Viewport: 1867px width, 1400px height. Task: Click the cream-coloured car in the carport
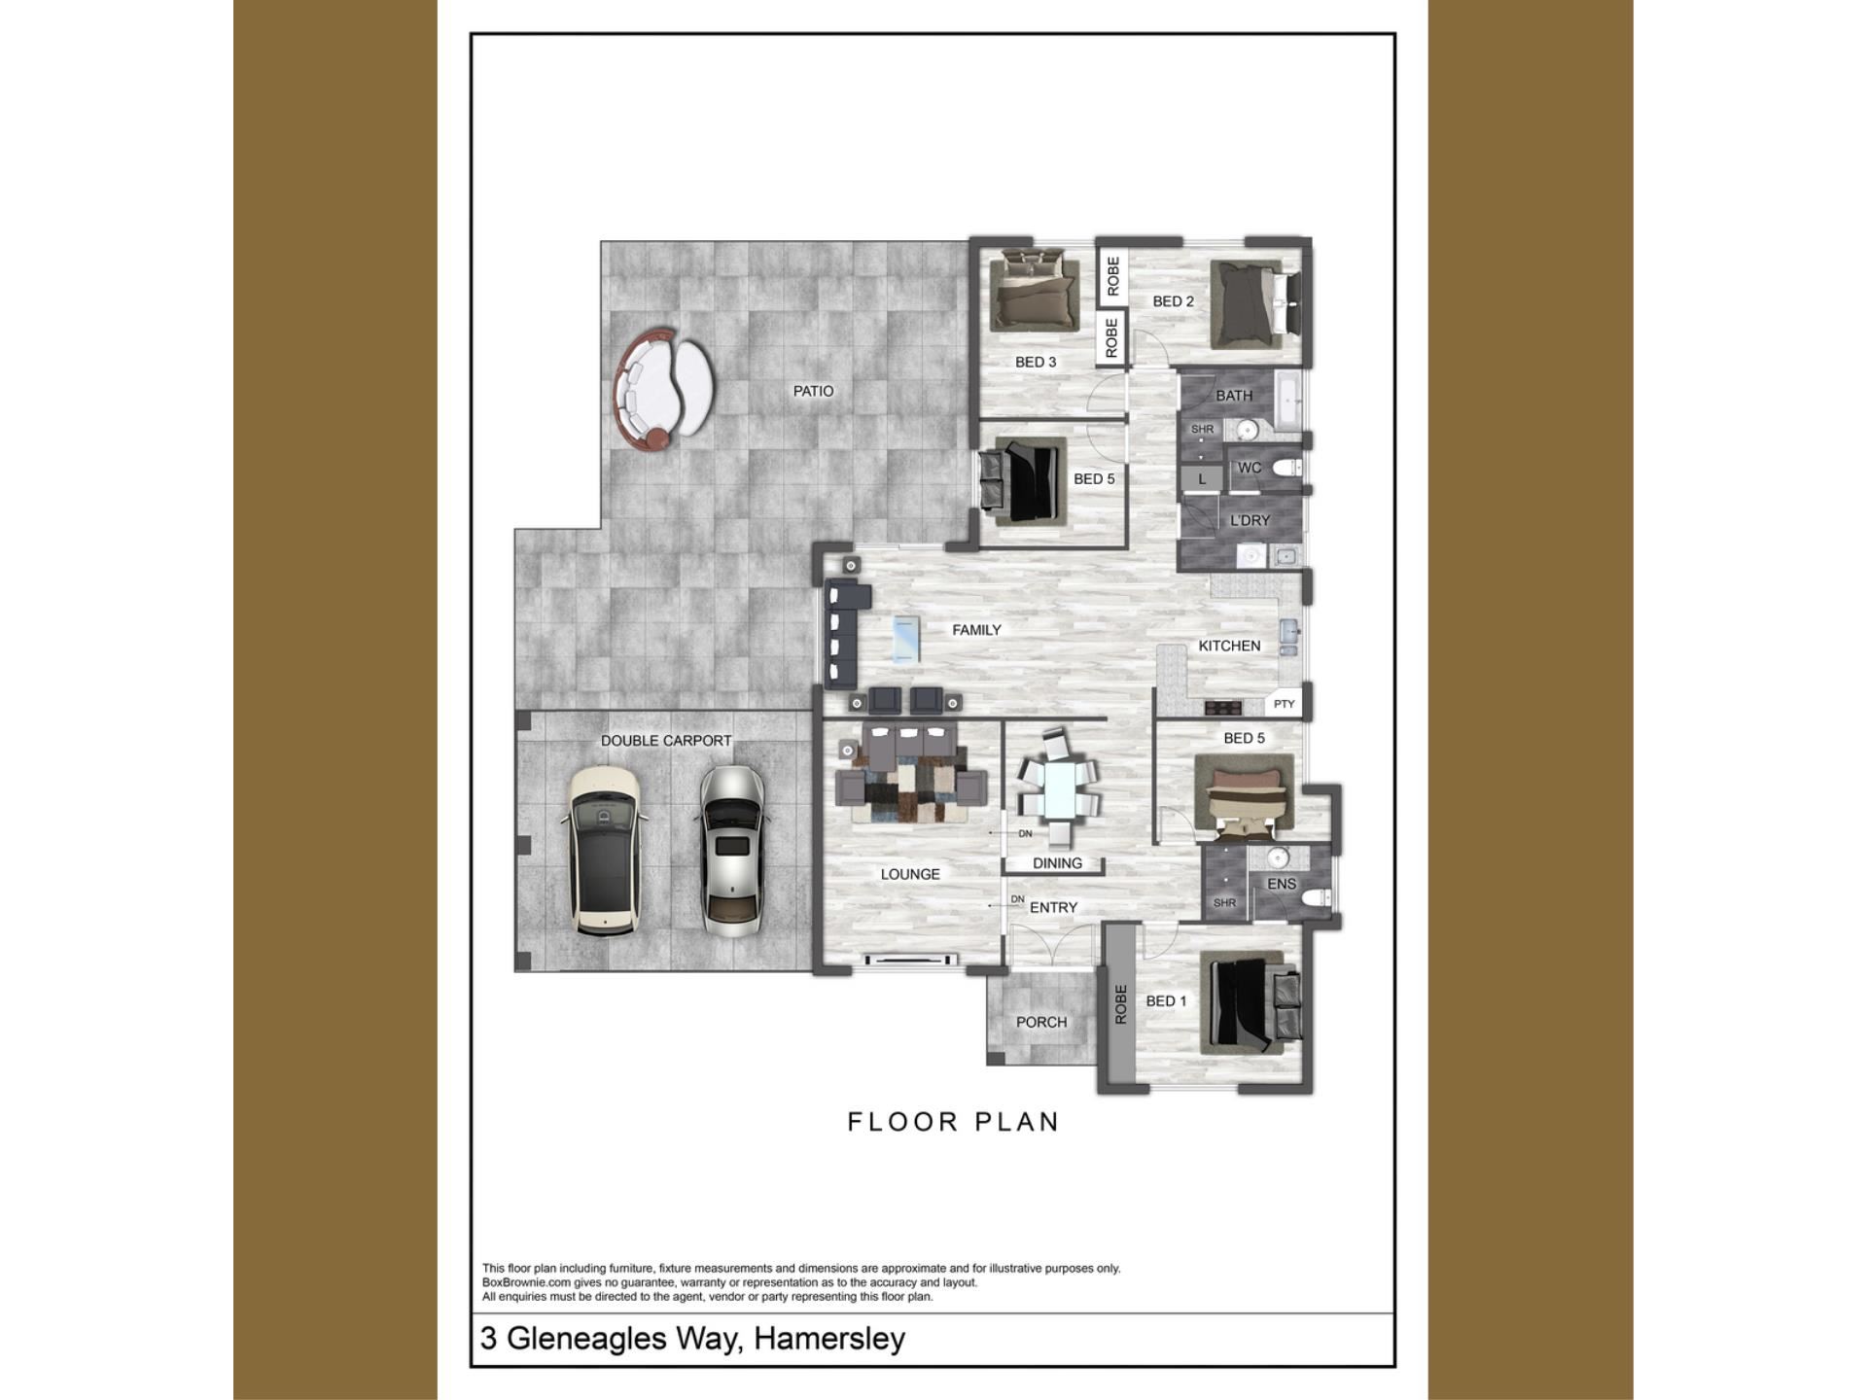[604, 852]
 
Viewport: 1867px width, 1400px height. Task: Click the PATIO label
[813, 391]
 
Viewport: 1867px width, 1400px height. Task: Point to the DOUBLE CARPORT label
[666, 741]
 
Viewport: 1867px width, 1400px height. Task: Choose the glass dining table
[1059, 788]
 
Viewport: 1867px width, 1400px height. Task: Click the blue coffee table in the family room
[905, 639]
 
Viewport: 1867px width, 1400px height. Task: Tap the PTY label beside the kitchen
[1285, 704]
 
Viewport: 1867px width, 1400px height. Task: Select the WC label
[1250, 468]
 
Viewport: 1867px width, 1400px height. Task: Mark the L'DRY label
[1250, 520]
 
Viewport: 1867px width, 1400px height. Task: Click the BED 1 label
[1166, 1000]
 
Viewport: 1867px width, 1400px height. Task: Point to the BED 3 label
[1036, 362]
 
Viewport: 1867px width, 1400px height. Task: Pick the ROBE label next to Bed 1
[1120, 1003]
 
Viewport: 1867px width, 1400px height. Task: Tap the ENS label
[1282, 884]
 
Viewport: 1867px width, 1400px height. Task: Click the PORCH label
[1041, 1022]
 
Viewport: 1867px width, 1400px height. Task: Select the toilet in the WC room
[1286, 468]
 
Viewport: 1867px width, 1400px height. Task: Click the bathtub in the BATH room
[1288, 401]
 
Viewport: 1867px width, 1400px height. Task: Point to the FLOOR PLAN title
[953, 1122]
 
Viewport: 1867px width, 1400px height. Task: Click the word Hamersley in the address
[829, 1339]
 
